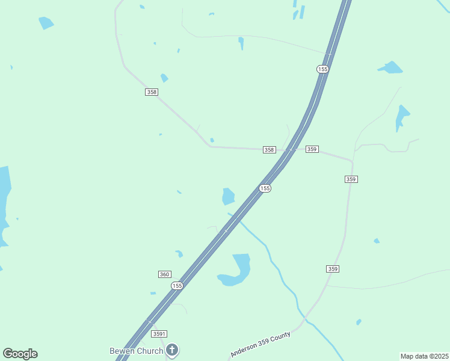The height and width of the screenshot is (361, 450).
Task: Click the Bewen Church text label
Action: coord(136,351)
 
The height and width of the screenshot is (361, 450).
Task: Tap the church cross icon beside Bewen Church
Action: coord(172,350)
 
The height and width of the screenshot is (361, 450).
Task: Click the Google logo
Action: coord(20,354)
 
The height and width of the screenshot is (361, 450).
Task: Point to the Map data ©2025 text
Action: coord(425,356)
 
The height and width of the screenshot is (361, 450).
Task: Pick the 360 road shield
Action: coord(164,274)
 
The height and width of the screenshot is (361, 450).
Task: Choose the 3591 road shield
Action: coord(159,333)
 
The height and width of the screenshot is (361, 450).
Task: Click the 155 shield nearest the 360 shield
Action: coord(176,285)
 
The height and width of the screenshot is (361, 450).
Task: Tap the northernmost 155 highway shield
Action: coord(322,69)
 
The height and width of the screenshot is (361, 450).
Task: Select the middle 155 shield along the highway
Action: coord(265,188)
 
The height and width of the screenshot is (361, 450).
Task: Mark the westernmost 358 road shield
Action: coord(152,92)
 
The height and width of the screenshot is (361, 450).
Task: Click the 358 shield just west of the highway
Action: coord(269,150)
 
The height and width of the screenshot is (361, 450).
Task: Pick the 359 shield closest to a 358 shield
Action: coord(312,149)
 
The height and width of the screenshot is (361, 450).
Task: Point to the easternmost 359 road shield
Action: coord(351,179)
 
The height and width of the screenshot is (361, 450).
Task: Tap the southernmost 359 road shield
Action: coord(333,268)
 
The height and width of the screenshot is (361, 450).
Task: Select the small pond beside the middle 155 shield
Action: coord(228,196)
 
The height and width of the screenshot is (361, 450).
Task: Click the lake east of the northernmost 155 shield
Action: coord(392,67)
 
